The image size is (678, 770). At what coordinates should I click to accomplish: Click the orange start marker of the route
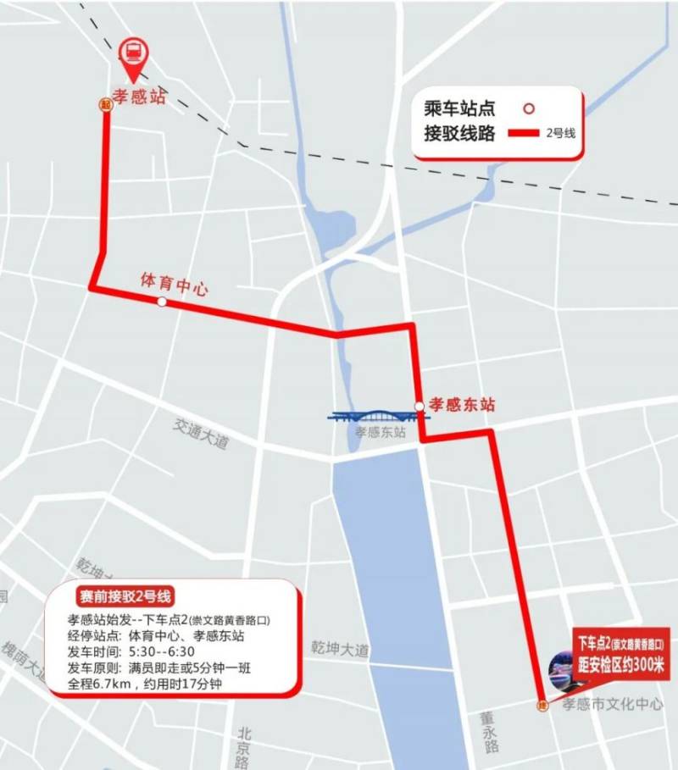pyautogui.click(x=105, y=105)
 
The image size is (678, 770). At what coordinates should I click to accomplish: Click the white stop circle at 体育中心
pyautogui.click(x=161, y=302)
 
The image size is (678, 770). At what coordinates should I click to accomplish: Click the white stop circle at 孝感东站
pyautogui.click(x=419, y=407)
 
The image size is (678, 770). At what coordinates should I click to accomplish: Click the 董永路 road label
pyautogui.click(x=488, y=732)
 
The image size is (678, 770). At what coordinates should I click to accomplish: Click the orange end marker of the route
pyautogui.click(x=542, y=706)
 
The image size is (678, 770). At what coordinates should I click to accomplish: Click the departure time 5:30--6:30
pyautogui.click(x=163, y=651)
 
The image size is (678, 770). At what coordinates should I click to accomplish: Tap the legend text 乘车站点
pyautogui.click(x=458, y=109)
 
